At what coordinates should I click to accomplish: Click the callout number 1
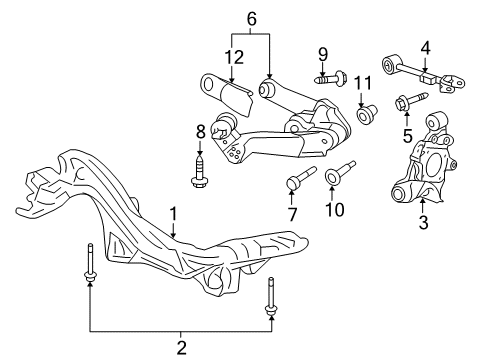(173, 213)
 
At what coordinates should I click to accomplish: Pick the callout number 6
(251, 17)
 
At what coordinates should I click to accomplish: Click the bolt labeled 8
(201, 168)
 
